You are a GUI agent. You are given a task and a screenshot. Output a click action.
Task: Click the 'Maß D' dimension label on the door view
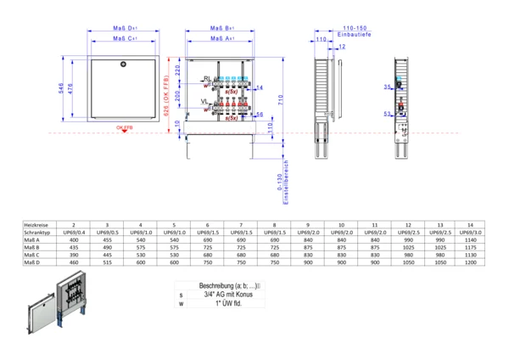[x=126, y=28]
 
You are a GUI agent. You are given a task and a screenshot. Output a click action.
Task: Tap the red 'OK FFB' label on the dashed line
[x=125, y=128]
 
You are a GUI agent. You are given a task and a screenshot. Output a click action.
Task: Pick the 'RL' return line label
[x=206, y=78]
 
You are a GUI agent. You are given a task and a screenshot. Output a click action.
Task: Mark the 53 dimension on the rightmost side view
[x=386, y=112]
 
